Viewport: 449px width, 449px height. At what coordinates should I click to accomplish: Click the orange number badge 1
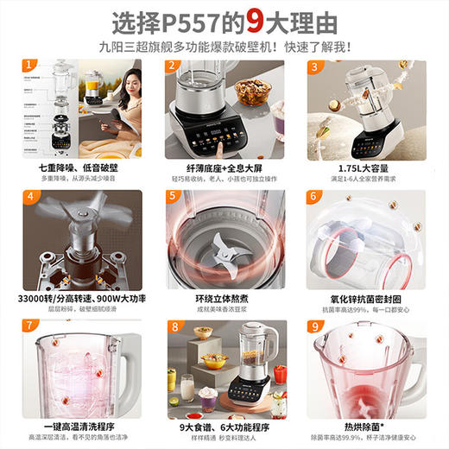click(29, 65)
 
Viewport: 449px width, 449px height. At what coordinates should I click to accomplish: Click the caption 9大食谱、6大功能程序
click(223, 423)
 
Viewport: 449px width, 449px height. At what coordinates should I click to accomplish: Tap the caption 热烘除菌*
click(366, 423)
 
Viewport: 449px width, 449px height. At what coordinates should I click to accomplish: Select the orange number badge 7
click(29, 326)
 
